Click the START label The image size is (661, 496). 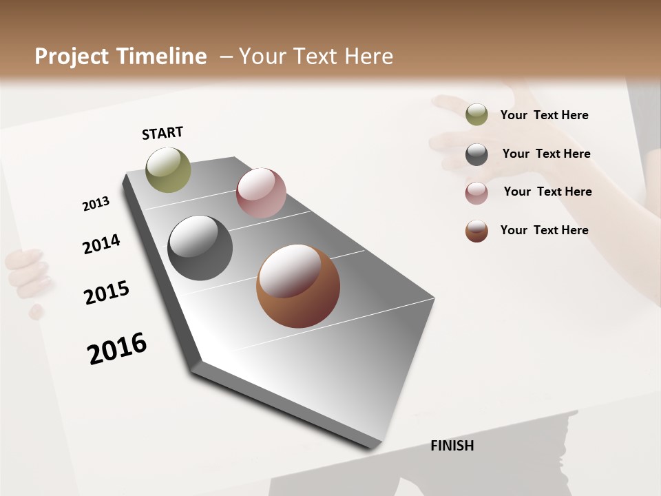[x=162, y=133]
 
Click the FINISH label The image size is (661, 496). [x=452, y=446]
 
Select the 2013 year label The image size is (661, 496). [x=96, y=204]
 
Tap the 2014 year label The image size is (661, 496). [x=101, y=244]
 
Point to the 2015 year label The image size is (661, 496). [x=107, y=292]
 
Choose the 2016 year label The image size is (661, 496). [x=117, y=348]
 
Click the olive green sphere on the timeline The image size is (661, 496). [x=168, y=169]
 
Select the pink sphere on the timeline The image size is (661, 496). [x=261, y=192]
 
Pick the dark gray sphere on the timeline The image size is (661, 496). [x=200, y=248]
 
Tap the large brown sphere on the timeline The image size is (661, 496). [x=297, y=285]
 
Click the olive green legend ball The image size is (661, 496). [x=476, y=114]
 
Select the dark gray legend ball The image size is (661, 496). [x=476, y=154]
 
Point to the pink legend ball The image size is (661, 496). [x=476, y=193]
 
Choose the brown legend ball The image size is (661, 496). [x=476, y=231]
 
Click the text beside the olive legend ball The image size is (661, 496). [x=544, y=115]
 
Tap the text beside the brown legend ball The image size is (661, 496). [x=544, y=230]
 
